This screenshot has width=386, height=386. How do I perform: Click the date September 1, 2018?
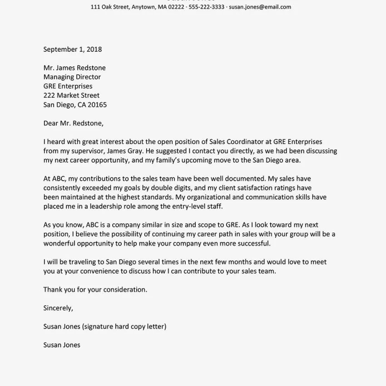[73, 49]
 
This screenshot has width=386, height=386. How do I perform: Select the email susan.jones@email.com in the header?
[260, 7]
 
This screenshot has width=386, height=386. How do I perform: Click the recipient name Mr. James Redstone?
[74, 68]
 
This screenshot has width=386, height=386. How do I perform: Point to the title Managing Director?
[72, 77]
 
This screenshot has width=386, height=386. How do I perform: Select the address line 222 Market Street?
[71, 95]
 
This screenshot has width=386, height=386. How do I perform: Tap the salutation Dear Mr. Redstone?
[74, 123]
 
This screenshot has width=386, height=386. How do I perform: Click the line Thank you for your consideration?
[95, 289]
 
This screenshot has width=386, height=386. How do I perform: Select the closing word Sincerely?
[58, 308]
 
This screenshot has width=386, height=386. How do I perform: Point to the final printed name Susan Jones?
[62, 345]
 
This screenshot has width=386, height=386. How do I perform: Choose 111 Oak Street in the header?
[109, 7]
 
